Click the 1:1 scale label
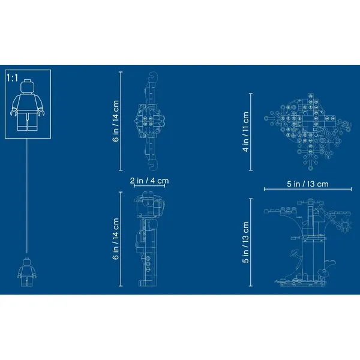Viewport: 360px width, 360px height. pos(12,78)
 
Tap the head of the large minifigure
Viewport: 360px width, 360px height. pos(28,86)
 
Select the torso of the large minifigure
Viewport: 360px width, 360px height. pos(28,102)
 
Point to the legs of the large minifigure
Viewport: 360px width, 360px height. pos(28,121)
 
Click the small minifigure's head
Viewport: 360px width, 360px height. pos(27,262)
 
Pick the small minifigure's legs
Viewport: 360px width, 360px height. pos(27,281)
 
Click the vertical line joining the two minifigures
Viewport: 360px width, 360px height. pos(27,196)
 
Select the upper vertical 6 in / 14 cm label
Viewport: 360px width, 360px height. pos(116,121)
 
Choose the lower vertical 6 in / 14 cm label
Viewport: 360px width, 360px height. pos(116,239)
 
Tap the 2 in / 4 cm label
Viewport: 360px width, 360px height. pos(149,181)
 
